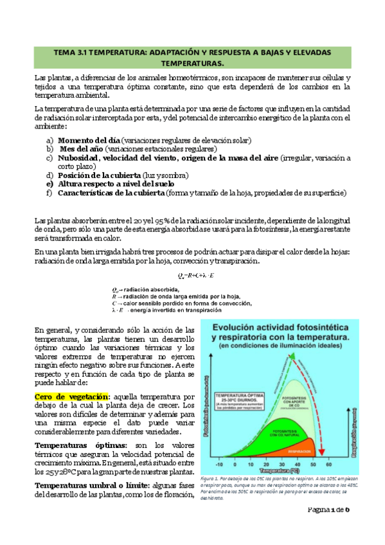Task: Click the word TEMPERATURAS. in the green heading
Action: pyautogui.click(x=192, y=64)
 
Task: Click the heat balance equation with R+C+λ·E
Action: pyautogui.click(x=186, y=276)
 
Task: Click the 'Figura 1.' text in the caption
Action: pyautogui.click(x=212, y=479)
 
